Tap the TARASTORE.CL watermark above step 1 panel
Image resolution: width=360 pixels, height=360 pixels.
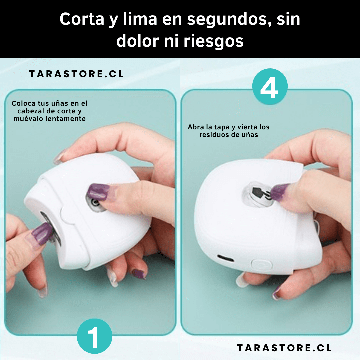76,74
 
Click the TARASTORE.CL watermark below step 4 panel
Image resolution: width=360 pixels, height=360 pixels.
284,348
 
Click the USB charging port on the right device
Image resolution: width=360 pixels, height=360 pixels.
226,258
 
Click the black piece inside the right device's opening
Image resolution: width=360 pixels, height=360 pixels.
257,192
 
